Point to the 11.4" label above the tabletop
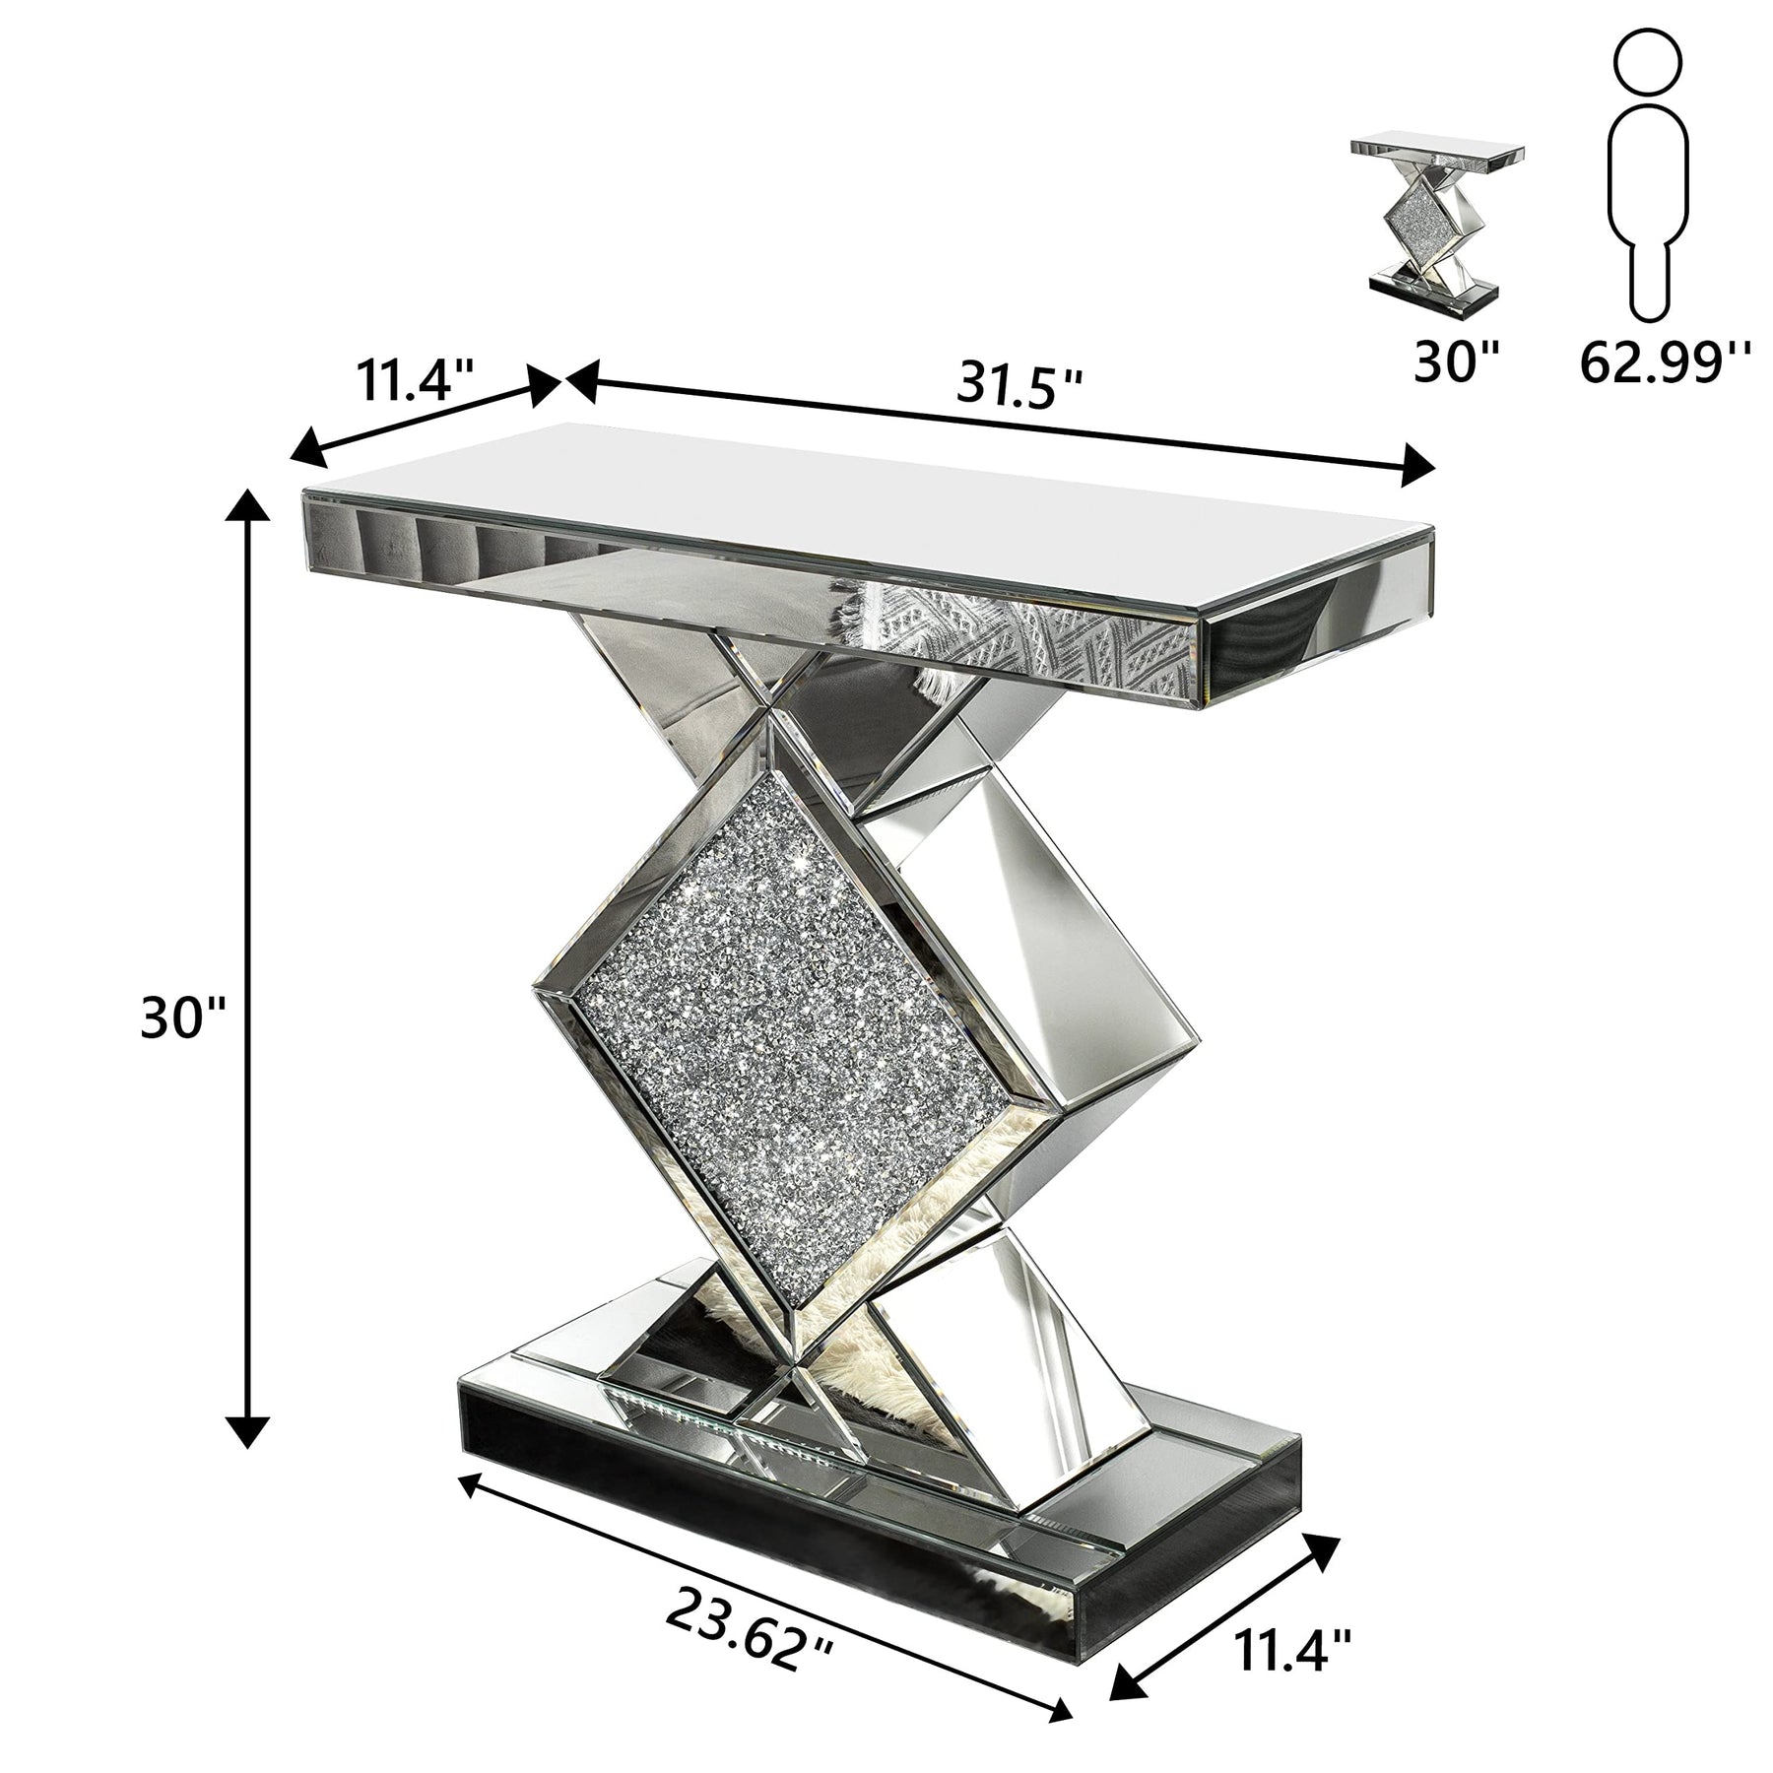416,378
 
